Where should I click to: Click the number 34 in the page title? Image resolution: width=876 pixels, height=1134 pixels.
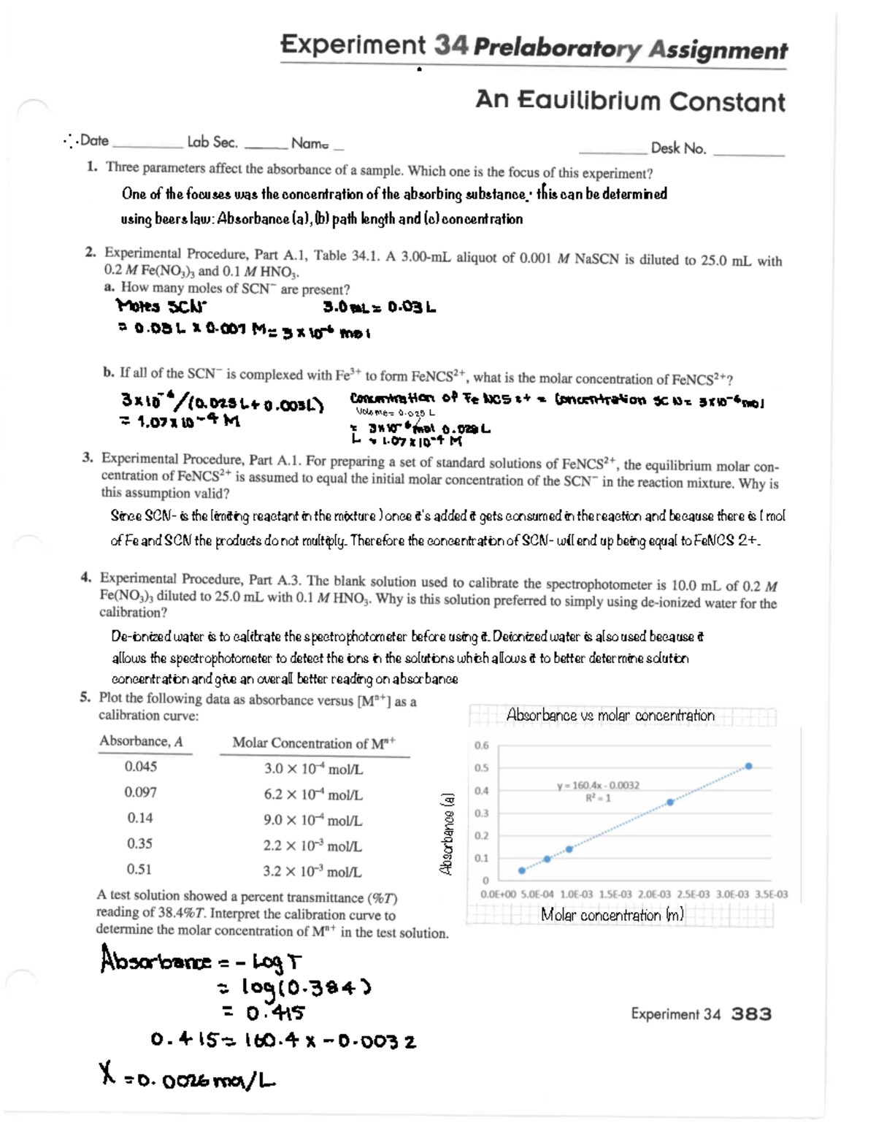450,45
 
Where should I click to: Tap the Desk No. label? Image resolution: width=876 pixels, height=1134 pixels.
678,148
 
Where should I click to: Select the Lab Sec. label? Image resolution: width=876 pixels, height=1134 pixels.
212,142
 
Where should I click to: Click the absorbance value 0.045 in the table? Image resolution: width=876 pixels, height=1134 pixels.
140,766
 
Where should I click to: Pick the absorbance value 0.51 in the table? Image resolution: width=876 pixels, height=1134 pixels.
139,869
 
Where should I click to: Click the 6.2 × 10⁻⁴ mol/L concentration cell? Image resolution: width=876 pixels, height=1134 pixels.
313,794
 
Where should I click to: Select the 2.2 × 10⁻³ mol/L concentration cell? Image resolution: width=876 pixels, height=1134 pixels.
312,846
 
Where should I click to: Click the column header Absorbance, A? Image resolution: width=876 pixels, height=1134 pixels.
142,741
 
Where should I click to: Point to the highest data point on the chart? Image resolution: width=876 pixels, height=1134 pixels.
748,766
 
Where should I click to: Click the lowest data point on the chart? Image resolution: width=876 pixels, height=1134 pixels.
521,870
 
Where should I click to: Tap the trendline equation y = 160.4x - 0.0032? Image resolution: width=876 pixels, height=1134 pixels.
598,785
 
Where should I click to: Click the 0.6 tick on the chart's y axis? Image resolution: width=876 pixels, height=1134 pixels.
482,746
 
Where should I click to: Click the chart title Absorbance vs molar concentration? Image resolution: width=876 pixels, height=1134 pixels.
610,715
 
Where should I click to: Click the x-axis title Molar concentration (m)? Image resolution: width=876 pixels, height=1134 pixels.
612,915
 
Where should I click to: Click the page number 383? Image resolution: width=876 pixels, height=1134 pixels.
751,1014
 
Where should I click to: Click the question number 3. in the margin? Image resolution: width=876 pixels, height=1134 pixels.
88,458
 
